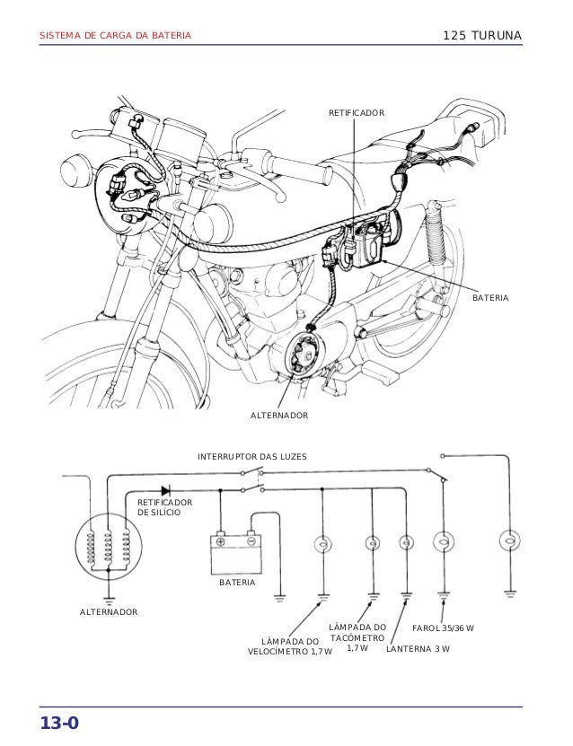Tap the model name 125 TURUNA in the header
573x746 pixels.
click(x=482, y=35)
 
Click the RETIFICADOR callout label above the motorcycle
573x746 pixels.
click(x=356, y=113)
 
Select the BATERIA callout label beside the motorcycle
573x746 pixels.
click(x=490, y=297)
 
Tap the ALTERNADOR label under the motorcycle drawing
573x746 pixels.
click(x=279, y=417)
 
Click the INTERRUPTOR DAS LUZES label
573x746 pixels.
click(x=251, y=457)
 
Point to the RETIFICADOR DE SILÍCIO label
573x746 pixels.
click(x=164, y=506)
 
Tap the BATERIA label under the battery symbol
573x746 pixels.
click(x=237, y=584)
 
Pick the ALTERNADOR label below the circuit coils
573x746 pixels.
click(x=109, y=611)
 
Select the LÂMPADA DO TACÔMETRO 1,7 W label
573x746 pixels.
click(x=357, y=636)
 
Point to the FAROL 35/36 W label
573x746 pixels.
click(x=442, y=628)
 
